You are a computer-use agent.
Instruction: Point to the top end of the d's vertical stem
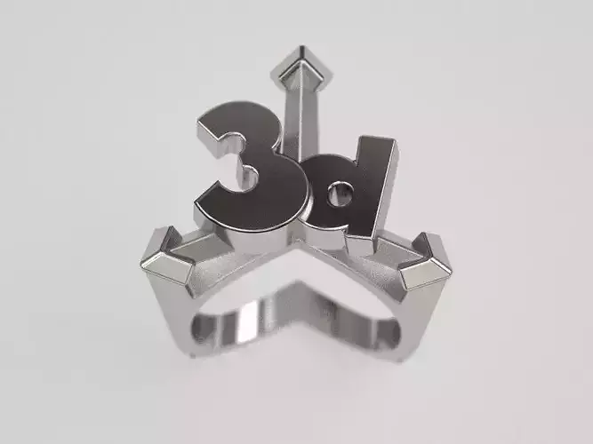click(x=382, y=143)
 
